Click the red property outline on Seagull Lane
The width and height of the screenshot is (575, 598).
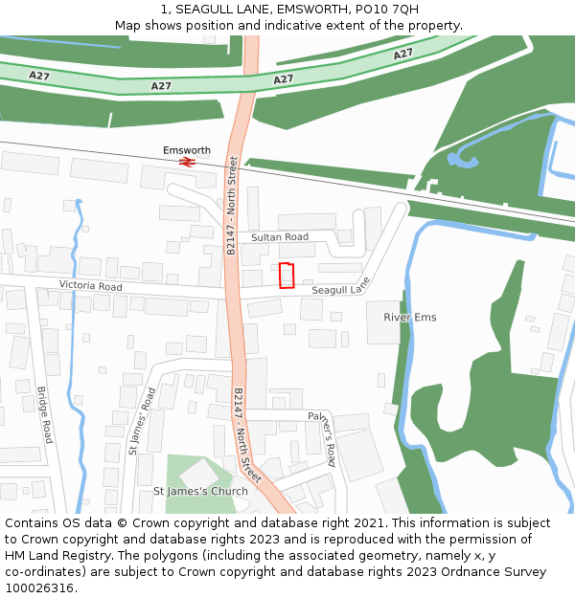click(x=286, y=275)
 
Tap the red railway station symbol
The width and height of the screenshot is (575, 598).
click(x=187, y=163)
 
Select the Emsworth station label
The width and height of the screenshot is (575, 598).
click(x=187, y=150)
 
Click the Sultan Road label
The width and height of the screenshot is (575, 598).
click(x=280, y=236)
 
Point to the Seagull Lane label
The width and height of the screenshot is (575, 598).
click(x=340, y=288)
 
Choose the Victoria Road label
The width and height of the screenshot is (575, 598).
click(x=91, y=286)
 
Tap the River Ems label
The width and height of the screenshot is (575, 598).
click(x=410, y=317)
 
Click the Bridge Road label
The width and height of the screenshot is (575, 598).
click(x=44, y=414)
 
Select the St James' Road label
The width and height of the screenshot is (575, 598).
click(x=142, y=420)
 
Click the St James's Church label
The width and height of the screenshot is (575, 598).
click(x=200, y=491)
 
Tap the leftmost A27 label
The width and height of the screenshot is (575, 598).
click(x=39, y=75)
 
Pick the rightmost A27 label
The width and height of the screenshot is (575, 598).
click(x=402, y=55)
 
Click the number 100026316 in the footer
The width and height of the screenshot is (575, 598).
click(x=38, y=588)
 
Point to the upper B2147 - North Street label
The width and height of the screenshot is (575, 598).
click(x=232, y=205)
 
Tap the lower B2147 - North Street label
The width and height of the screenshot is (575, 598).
click(x=247, y=435)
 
